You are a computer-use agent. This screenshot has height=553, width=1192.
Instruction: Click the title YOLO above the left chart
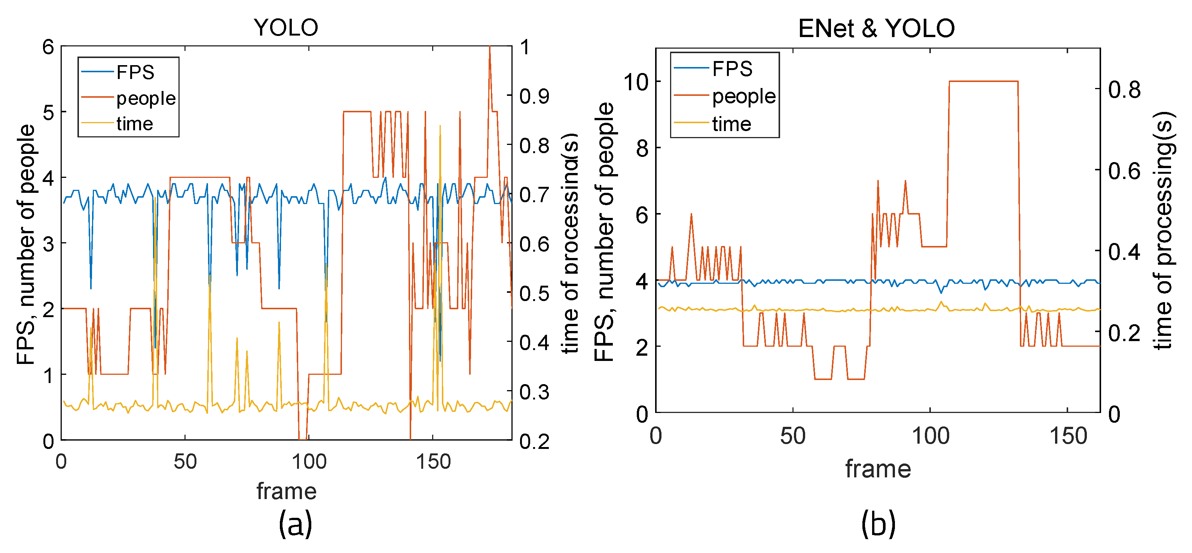[286, 28]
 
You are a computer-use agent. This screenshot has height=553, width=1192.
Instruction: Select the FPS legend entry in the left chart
[135, 72]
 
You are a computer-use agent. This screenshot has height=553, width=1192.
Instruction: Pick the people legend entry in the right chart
[743, 96]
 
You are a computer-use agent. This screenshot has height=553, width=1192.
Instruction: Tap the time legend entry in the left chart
[134, 124]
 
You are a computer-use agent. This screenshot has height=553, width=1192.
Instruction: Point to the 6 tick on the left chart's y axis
[48, 47]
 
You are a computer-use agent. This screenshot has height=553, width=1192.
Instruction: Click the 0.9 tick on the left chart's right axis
[534, 96]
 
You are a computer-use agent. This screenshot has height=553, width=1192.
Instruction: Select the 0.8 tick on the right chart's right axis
[1124, 89]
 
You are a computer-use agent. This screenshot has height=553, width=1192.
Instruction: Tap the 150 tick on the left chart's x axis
[433, 462]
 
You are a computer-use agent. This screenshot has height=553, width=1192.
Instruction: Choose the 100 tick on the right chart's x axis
[930, 436]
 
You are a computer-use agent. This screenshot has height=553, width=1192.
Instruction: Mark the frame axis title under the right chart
[878, 469]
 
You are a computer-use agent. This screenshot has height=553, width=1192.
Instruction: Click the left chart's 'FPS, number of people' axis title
[26, 244]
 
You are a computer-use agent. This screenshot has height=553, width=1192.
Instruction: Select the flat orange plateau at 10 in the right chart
[983, 82]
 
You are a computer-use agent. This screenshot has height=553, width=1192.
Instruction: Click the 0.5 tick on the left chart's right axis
[534, 293]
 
